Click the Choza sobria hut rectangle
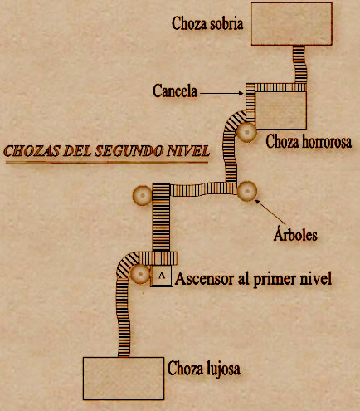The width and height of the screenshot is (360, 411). click(291, 23)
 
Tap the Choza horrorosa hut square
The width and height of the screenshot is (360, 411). click(280, 110)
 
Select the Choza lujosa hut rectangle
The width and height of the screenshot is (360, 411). click(124, 379)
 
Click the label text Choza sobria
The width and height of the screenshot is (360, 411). click(207, 23)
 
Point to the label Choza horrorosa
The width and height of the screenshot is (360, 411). click(309, 141)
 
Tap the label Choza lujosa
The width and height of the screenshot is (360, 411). click(204, 369)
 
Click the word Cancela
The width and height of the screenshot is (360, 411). click(175, 91)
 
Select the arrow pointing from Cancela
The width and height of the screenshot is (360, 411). click(221, 94)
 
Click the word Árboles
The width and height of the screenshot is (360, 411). click(295, 235)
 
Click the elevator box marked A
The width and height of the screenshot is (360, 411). click(162, 276)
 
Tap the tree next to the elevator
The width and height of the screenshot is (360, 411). click(140, 274)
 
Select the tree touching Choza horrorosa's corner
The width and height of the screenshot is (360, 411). click(246, 132)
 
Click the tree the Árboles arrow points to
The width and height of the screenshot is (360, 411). click(247, 191)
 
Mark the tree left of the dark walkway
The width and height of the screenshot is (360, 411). click(143, 195)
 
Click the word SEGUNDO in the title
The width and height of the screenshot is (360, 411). click(129, 151)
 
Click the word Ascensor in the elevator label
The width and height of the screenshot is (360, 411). click(204, 278)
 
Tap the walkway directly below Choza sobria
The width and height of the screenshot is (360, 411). click(300, 64)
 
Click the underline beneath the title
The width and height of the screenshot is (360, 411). click(107, 163)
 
